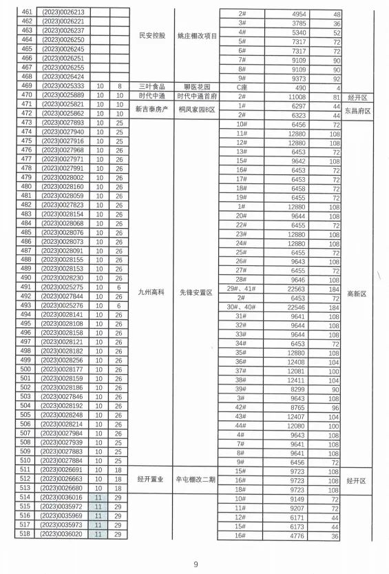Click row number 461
(x=27, y=13)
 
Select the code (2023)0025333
(x=63, y=86)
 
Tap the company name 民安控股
(x=151, y=35)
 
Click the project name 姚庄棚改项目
(x=197, y=35)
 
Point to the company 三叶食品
(x=151, y=86)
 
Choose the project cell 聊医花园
(x=196, y=86)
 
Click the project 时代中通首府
(x=197, y=95)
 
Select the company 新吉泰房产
(x=151, y=109)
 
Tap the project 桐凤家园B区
(x=197, y=109)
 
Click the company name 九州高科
(x=151, y=292)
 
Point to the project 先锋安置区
(x=197, y=292)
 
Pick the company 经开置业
(x=151, y=479)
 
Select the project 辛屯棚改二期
(x=197, y=479)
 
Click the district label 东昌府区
(x=359, y=110)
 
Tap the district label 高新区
(x=359, y=293)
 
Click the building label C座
(x=242, y=87)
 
